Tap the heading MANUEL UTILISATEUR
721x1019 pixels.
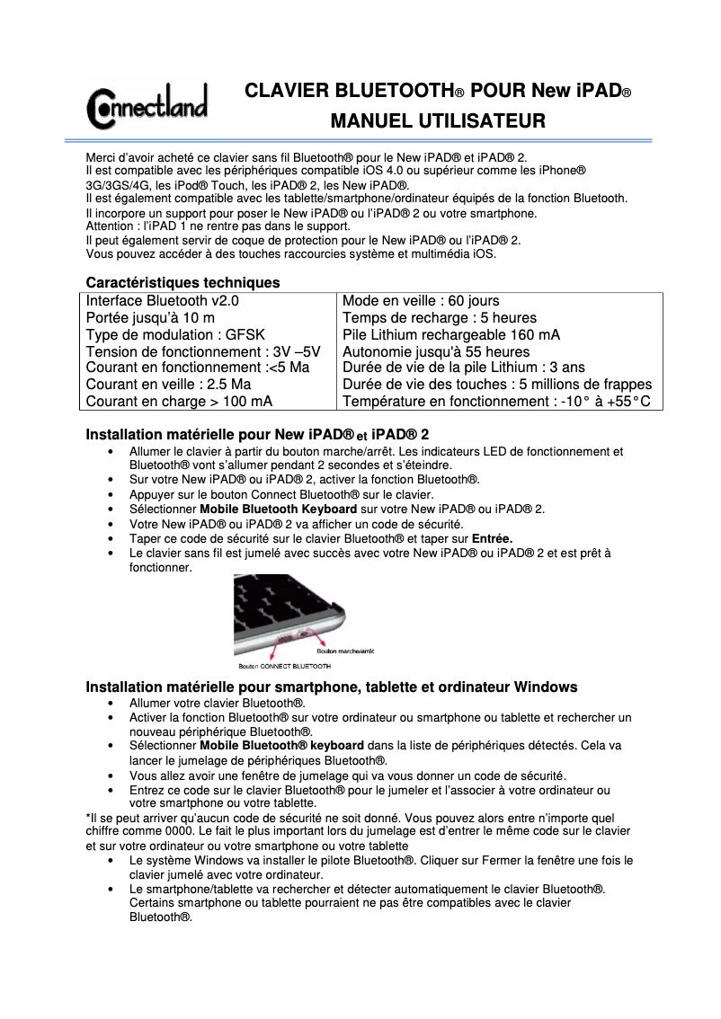438,120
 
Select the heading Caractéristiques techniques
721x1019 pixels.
182,282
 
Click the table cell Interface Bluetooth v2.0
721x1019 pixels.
162,301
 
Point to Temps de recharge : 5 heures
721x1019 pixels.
440,318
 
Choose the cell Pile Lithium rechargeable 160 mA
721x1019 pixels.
451,334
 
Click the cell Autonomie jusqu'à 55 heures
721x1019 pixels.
436,351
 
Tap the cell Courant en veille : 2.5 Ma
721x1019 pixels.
168,385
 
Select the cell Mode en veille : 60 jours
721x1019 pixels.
421,301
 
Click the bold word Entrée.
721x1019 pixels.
492,538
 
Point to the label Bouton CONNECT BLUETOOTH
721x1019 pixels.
284,667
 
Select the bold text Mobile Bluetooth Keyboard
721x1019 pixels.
279,509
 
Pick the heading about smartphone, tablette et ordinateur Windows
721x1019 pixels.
331,687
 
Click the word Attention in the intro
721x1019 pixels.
111,226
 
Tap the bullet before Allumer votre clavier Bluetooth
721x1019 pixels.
111,704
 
